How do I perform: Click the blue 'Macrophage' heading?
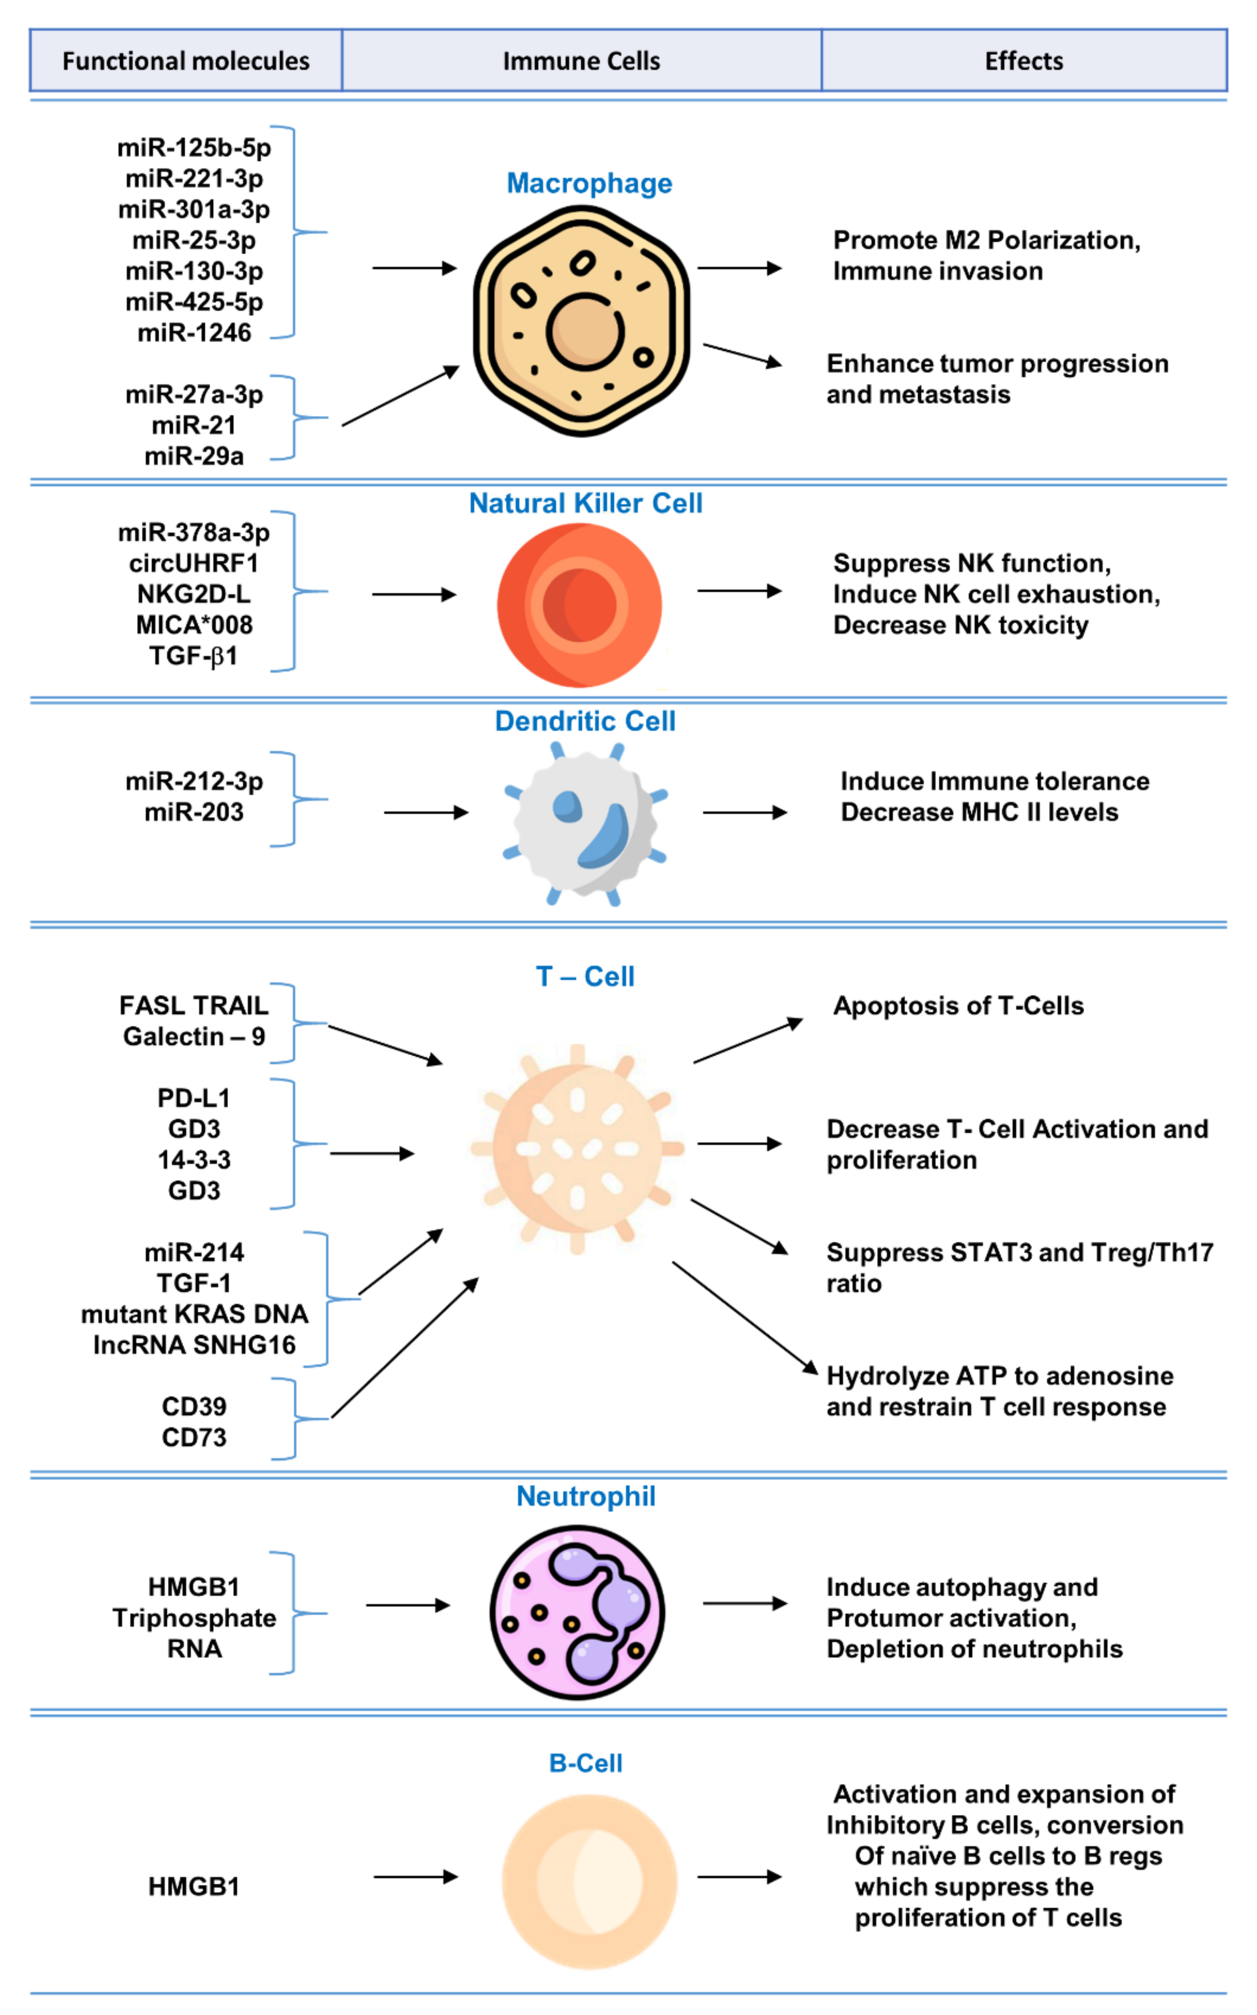pos(589,183)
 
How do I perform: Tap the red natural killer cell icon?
pos(580,604)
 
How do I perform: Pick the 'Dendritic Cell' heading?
pos(585,721)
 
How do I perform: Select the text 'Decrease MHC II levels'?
pos(979,812)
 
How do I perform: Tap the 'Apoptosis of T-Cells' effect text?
pos(958,1005)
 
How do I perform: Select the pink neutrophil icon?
pos(577,1612)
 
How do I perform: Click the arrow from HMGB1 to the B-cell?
pos(415,1876)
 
